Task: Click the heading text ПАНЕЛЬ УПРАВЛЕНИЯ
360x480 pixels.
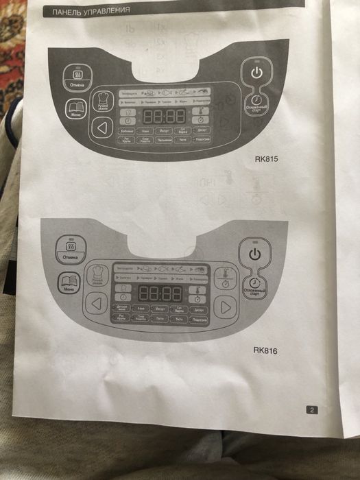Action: [x=77, y=10]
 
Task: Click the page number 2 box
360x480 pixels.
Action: [x=311, y=410]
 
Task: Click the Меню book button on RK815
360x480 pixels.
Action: [x=76, y=108]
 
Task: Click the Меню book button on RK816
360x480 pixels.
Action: [x=69, y=282]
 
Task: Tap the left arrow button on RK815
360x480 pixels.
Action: [x=102, y=127]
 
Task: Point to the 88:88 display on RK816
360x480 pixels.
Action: [x=159, y=293]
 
